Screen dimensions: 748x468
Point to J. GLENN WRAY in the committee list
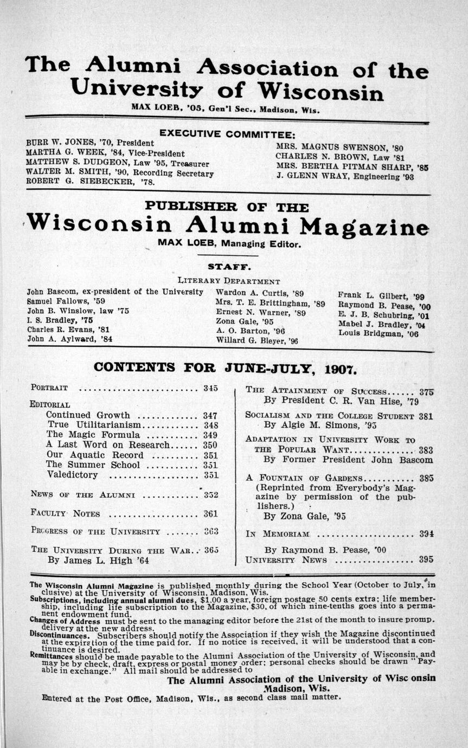pyautogui.click(x=305, y=176)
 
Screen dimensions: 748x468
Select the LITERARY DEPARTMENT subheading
pyautogui.click(x=228, y=281)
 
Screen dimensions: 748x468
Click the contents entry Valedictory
pyautogui.click(x=72, y=475)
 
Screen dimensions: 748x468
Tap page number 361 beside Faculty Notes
pyautogui.click(x=210, y=513)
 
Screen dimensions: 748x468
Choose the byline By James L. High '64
pyautogui.click(x=98, y=560)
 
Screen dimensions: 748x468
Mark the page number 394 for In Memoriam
pyautogui.click(x=426, y=533)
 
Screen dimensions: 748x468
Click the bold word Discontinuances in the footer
pyautogui.click(x=54, y=634)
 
